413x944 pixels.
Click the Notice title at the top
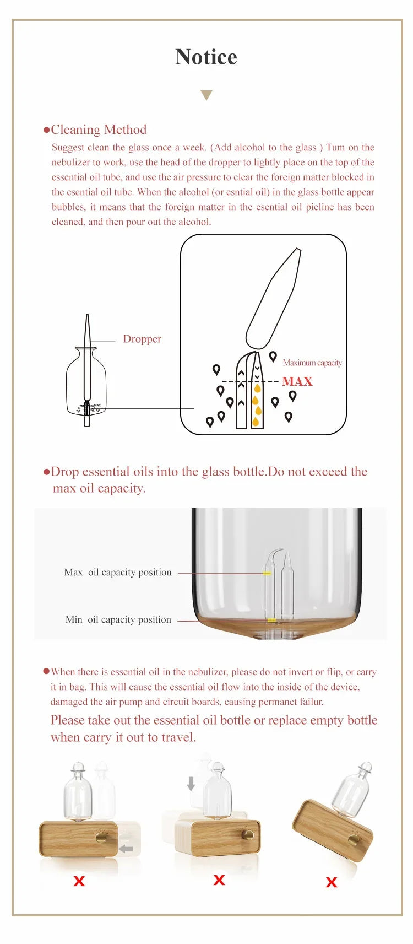coord(206,57)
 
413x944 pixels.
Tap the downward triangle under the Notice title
coord(206,95)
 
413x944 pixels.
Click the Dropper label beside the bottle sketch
coord(142,339)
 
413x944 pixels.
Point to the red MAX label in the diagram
coord(297,381)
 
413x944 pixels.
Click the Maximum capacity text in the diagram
coord(312,363)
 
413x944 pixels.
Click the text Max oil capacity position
coord(118,572)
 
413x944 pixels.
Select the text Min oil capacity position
coord(118,619)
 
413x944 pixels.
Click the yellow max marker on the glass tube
coord(267,573)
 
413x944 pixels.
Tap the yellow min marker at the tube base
coord(271,621)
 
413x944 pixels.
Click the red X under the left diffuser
coord(79,881)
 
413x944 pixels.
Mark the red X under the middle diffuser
coord(219,880)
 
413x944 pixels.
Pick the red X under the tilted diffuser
coord(331,882)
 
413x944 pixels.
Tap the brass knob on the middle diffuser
coord(248,835)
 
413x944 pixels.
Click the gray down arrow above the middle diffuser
coord(191,784)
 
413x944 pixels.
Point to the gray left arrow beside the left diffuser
coord(126,849)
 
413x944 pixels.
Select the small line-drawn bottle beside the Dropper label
coord(86,380)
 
